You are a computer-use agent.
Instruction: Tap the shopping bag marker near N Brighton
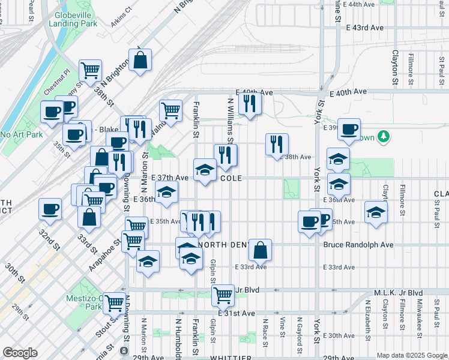(140, 60)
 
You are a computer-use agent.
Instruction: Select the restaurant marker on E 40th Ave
(250, 104)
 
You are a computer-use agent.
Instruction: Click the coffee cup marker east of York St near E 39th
(349, 129)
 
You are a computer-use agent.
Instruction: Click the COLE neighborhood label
(231, 178)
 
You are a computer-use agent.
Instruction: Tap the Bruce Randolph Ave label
(358, 245)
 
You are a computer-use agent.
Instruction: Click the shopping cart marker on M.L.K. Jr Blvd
(223, 295)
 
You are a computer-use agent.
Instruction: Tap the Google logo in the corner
(20, 353)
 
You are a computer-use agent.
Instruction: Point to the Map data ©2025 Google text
(412, 355)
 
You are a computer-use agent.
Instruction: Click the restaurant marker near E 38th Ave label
(277, 144)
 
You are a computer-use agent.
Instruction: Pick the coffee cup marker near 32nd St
(50, 209)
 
